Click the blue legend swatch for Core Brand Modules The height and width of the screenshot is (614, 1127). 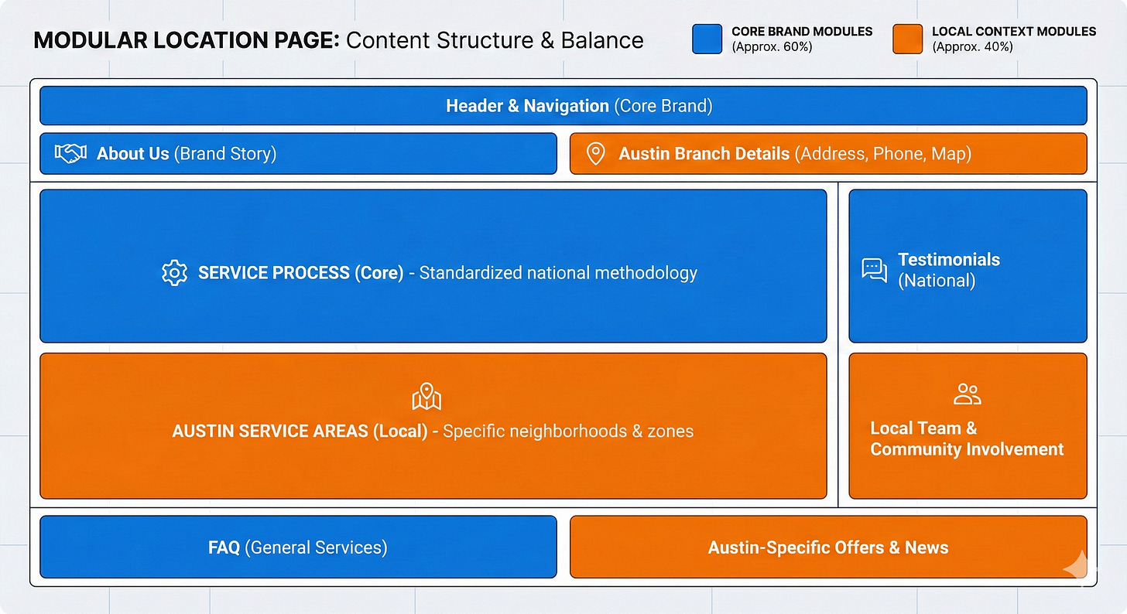(x=707, y=39)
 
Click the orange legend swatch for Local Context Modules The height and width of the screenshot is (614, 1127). (x=907, y=39)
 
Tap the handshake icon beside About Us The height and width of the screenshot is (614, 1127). (x=70, y=154)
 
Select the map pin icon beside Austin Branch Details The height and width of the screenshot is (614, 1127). (x=595, y=154)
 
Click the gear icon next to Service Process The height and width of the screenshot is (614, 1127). (x=174, y=273)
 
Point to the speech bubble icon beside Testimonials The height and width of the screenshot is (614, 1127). (x=874, y=270)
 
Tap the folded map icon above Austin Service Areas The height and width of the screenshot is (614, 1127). (x=426, y=397)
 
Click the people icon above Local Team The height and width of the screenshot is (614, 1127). (x=967, y=394)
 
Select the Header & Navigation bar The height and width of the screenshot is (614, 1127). (x=563, y=106)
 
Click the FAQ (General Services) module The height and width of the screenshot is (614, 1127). (x=298, y=547)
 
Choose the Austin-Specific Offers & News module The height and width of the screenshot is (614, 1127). (x=827, y=547)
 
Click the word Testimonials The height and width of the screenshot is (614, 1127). (x=948, y=260)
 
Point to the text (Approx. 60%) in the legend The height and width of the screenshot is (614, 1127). (x=772, y=47)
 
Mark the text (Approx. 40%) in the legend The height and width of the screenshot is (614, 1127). (x=972, y=47)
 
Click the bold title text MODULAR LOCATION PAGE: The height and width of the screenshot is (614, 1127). (x=187, y=40)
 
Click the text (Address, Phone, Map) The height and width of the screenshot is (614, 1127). (x=882, y=154)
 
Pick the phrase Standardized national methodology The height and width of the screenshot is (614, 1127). (x=558, y=273)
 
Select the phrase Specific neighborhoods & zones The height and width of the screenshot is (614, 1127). (x=568, y=431)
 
